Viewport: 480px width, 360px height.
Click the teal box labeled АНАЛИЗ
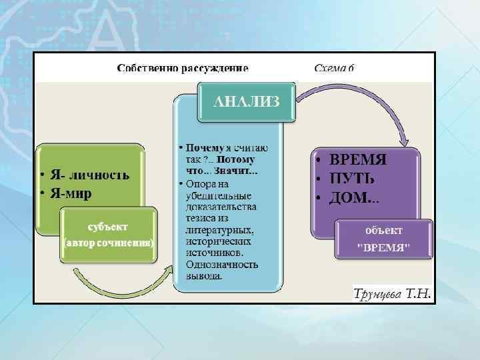pyautogui.click(x=246, y=101)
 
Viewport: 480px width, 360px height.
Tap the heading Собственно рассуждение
pyautogui.click(x=183, y=68)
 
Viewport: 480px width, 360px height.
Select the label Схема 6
pyautogui.click(x=334, y=68)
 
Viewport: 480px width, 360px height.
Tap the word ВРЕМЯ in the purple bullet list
pyautogui.click(x=359, y=161)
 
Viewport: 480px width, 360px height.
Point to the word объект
pyautogui.click(x=383, y=230)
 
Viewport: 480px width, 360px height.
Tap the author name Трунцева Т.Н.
pyautogui.click(x=392, y=293)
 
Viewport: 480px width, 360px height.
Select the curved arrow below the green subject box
pyautogui.click(x=120, y=283)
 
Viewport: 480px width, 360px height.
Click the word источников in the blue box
pyautogui.click(x=214, y=253)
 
